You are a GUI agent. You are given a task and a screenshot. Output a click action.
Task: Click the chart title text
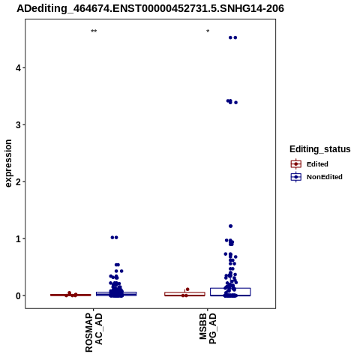150,9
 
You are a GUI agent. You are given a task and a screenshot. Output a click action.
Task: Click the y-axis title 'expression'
8,163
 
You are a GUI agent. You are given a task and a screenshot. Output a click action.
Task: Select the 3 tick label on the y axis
19,124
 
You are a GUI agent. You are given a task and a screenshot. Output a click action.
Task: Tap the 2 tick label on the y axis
19,181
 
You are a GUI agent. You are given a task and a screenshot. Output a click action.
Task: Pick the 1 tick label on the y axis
19,238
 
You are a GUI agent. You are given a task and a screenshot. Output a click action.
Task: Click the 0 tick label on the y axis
19,295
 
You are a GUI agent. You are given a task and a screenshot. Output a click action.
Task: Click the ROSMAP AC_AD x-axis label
94,333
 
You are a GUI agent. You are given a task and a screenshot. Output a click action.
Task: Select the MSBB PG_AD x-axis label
208,328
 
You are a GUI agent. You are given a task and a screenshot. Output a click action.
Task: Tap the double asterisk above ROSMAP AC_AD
94,31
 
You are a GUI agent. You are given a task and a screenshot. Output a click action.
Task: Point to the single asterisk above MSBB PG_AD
208,31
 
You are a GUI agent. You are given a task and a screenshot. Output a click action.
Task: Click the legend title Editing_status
320,149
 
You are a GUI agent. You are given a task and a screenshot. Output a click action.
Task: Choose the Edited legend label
317,164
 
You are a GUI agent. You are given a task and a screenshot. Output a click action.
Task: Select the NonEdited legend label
325,177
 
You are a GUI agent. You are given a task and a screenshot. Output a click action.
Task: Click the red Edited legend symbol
296,164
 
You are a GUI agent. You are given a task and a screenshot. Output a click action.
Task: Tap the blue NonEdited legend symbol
296,177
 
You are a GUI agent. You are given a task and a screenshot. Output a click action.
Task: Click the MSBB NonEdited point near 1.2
231,226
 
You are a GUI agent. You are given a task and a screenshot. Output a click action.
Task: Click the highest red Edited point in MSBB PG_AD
187,289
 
